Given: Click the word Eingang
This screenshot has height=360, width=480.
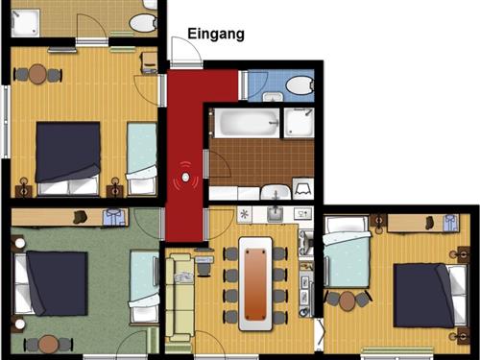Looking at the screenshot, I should tap(215, 34).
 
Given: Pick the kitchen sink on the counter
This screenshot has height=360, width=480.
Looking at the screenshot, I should tap(275, 213).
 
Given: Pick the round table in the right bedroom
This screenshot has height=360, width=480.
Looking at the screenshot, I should tap(348, 300).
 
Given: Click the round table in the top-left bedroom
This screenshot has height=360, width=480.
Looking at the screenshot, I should tap(37, 74).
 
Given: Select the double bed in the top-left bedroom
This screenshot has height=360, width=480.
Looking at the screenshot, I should tap(67, 154).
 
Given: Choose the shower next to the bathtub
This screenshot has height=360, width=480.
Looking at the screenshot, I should tap(299, 123).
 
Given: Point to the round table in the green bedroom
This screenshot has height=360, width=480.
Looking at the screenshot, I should tap(47, 344).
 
